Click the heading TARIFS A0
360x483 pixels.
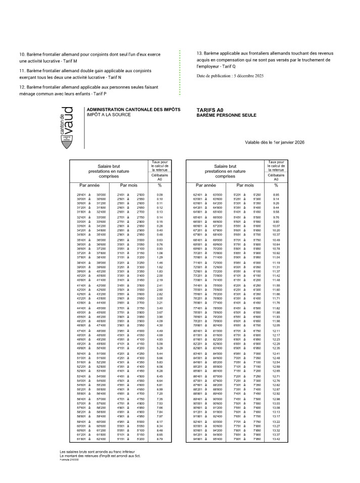click(210, 110)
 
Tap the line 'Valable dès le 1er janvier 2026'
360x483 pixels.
click(275, 142)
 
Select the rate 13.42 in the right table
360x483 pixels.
click(276, 440)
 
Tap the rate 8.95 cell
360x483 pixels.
click(276, 195)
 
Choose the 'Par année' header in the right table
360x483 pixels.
click(207, 185)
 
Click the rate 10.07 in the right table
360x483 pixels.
click(276, 226)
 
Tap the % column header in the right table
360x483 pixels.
click(276, 185)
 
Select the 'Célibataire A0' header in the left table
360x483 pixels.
click(160, 177)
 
